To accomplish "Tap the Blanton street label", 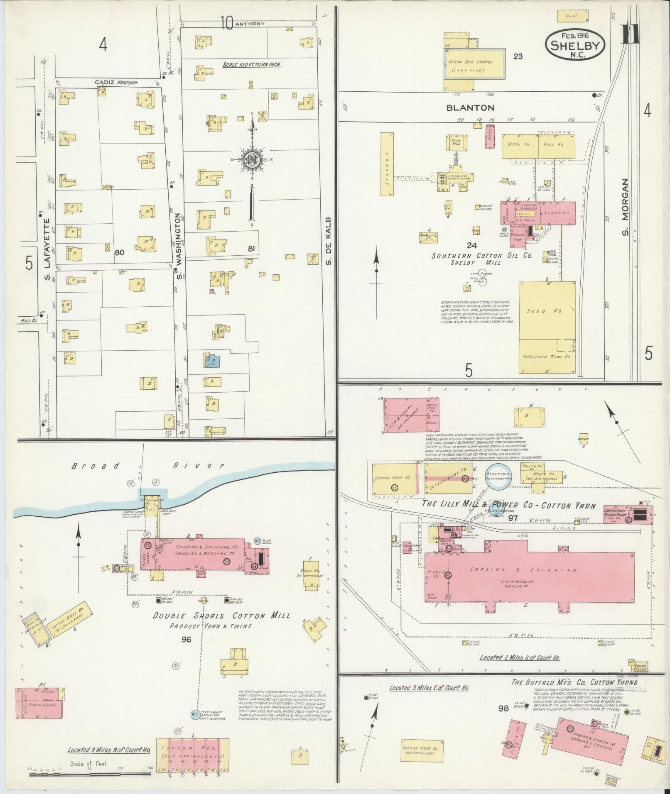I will [470, 108].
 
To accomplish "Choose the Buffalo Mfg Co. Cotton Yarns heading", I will [574, 682].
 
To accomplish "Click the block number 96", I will [186, 651].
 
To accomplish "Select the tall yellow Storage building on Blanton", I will [387, 164].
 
